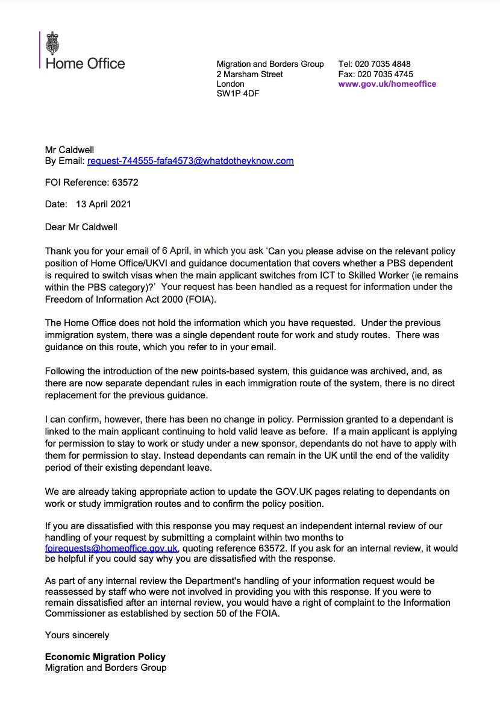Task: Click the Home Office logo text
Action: point(85,64)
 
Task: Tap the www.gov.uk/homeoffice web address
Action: point(387,84)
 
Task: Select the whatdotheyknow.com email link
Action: point(190,161)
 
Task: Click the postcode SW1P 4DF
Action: point(238,94)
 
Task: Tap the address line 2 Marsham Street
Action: point(249,74)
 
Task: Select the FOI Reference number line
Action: point(92,182)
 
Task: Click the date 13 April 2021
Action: point(103,204)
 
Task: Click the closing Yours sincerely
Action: point(77,635)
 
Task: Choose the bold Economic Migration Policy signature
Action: point(105,656)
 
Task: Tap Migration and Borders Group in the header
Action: point(270,64)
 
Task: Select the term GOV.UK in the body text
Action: point(275,492)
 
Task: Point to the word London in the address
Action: point(230,84)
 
